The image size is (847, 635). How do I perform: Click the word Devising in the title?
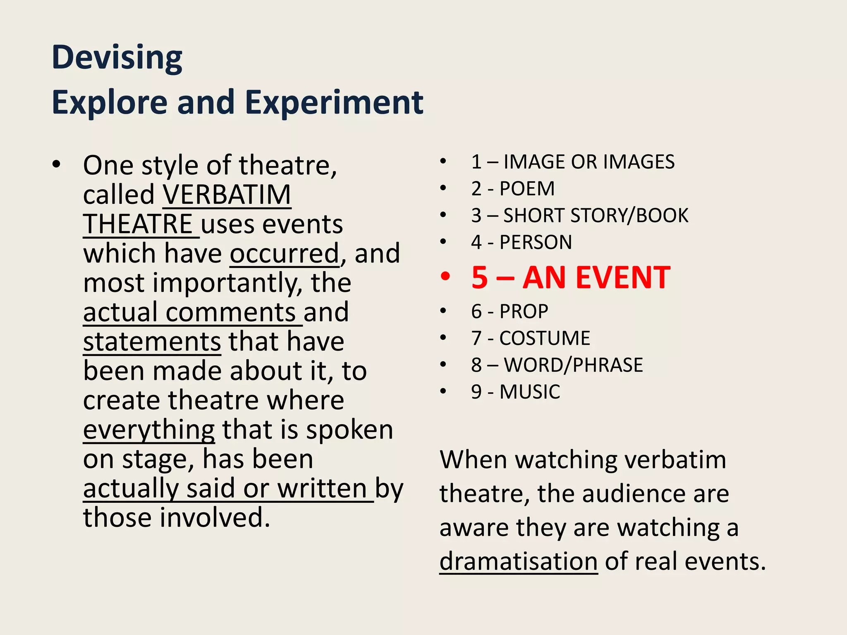point(117,58)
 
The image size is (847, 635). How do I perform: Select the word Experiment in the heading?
point(334,103)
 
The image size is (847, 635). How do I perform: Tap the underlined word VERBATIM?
point(227,195)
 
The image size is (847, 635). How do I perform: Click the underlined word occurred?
point(285,253)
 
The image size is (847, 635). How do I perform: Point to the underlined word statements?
point(152,342)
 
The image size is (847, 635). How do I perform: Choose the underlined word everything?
point(149,430)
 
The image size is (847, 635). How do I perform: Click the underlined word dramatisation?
point(518,561)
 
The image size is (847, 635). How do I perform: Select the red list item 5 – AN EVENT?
point(571,277)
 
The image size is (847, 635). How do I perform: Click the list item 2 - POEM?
point(513,189)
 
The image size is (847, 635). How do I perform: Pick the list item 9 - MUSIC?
point(516,392)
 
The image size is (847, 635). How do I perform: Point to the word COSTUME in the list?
point(545,338)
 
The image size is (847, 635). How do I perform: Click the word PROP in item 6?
point(524,311)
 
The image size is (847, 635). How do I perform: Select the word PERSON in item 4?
point(536,242)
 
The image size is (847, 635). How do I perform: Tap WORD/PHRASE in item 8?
point(573,365)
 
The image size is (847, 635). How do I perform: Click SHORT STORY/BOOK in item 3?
point(596,216)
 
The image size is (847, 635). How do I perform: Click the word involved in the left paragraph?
point(215,518)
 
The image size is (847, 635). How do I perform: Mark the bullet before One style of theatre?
point(57,165)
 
